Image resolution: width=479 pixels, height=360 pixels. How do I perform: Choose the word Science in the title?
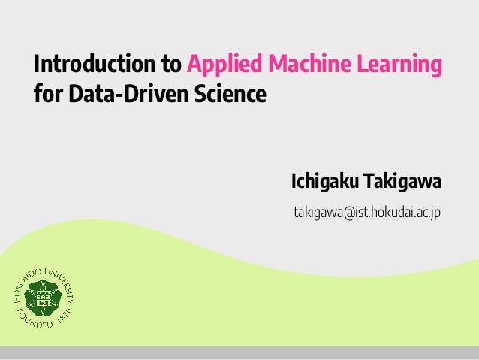click(234, 96)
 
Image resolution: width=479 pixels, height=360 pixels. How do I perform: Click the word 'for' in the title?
click(47, 96)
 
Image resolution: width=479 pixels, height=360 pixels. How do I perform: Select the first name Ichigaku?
click(324, 183)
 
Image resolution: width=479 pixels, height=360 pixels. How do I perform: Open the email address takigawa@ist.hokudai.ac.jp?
click(366, 213)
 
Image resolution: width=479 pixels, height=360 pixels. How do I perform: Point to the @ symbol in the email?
click(347, 213)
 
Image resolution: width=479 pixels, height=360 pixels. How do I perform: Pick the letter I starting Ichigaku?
click(294, 183)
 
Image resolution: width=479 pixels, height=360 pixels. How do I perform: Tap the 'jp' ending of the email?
click(435, 213)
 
